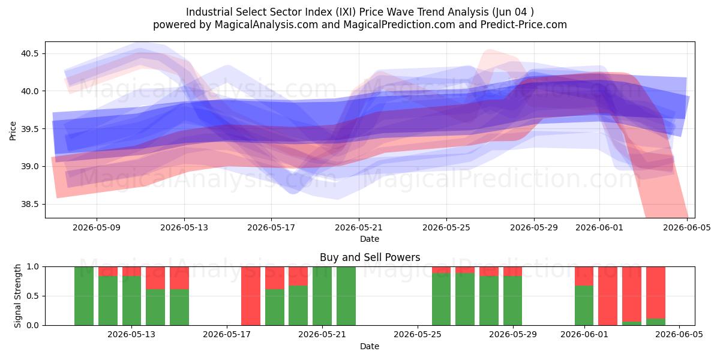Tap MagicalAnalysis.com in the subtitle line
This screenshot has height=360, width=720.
266,25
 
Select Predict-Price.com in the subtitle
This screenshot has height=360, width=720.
524,25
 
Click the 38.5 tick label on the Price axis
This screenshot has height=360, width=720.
29,204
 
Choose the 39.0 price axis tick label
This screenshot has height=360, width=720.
29,167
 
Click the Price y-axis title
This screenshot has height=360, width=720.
13,131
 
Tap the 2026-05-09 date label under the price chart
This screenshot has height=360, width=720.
97,227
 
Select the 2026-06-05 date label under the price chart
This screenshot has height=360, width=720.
687,227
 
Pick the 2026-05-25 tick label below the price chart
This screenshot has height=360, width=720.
446,227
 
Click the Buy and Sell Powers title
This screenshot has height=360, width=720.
370,257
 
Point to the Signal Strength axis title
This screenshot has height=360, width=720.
17,296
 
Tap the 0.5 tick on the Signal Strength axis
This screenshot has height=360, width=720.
33,296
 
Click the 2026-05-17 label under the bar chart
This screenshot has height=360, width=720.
227,335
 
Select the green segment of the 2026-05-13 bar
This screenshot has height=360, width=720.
131,301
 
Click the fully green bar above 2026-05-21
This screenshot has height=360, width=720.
322,296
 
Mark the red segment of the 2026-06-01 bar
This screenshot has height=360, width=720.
584,276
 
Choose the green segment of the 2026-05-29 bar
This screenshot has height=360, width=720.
512,301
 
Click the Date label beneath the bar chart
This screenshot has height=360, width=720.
370,346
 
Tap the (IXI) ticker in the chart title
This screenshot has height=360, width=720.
346,12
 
